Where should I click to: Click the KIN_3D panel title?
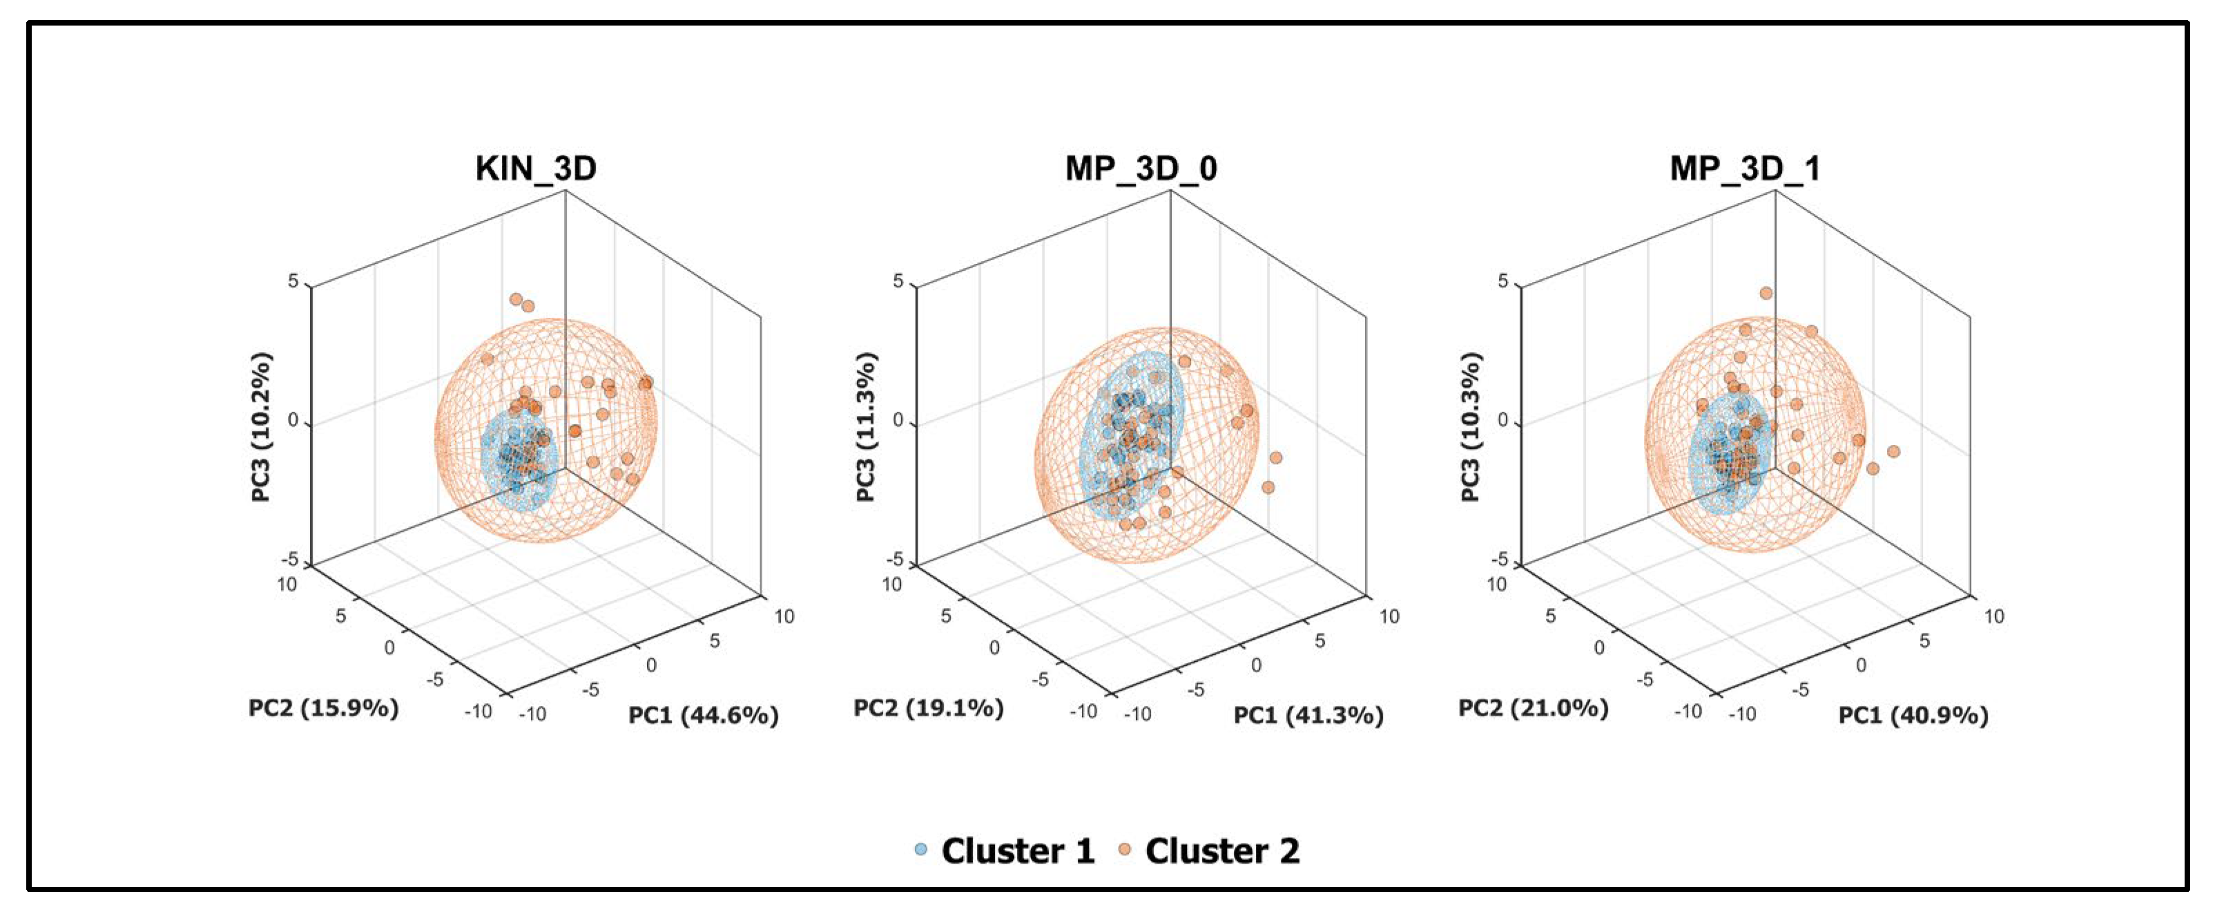(536, 168)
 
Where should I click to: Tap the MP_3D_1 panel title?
(1745, 168)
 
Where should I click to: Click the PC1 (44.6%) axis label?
(704, 715)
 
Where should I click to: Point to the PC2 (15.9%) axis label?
(323, 708)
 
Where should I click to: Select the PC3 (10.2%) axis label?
(260, 427)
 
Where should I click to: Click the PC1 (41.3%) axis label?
(1308, 715)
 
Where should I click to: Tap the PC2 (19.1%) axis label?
(928, 708)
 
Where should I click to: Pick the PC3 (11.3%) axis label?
(865, 427)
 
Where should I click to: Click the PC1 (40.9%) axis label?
(1913, 715)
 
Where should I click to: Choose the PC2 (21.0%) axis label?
(1532, 708)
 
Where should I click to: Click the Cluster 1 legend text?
(1017, 851)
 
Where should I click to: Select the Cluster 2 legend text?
(1222, 851)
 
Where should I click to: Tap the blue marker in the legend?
(921, 850)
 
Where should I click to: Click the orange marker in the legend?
(1124, 850)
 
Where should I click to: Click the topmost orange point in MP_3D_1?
(1766, 294)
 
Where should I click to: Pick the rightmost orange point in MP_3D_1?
(1893, 452)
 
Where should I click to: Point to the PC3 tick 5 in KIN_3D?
(293, 282)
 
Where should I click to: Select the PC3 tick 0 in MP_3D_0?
(898, 421)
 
